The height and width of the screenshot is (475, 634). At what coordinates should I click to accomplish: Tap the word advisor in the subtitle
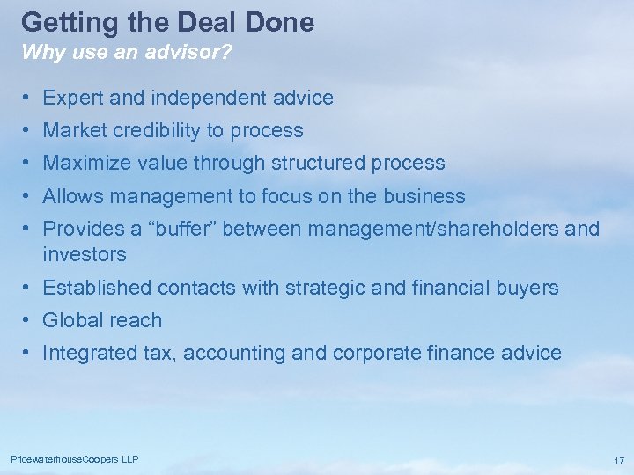point(191,52)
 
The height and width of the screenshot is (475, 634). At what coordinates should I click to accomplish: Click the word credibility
point(151,130)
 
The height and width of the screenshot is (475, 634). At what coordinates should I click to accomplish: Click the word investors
point(84,254)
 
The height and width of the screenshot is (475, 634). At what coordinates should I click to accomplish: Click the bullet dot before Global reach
point(29,320)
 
